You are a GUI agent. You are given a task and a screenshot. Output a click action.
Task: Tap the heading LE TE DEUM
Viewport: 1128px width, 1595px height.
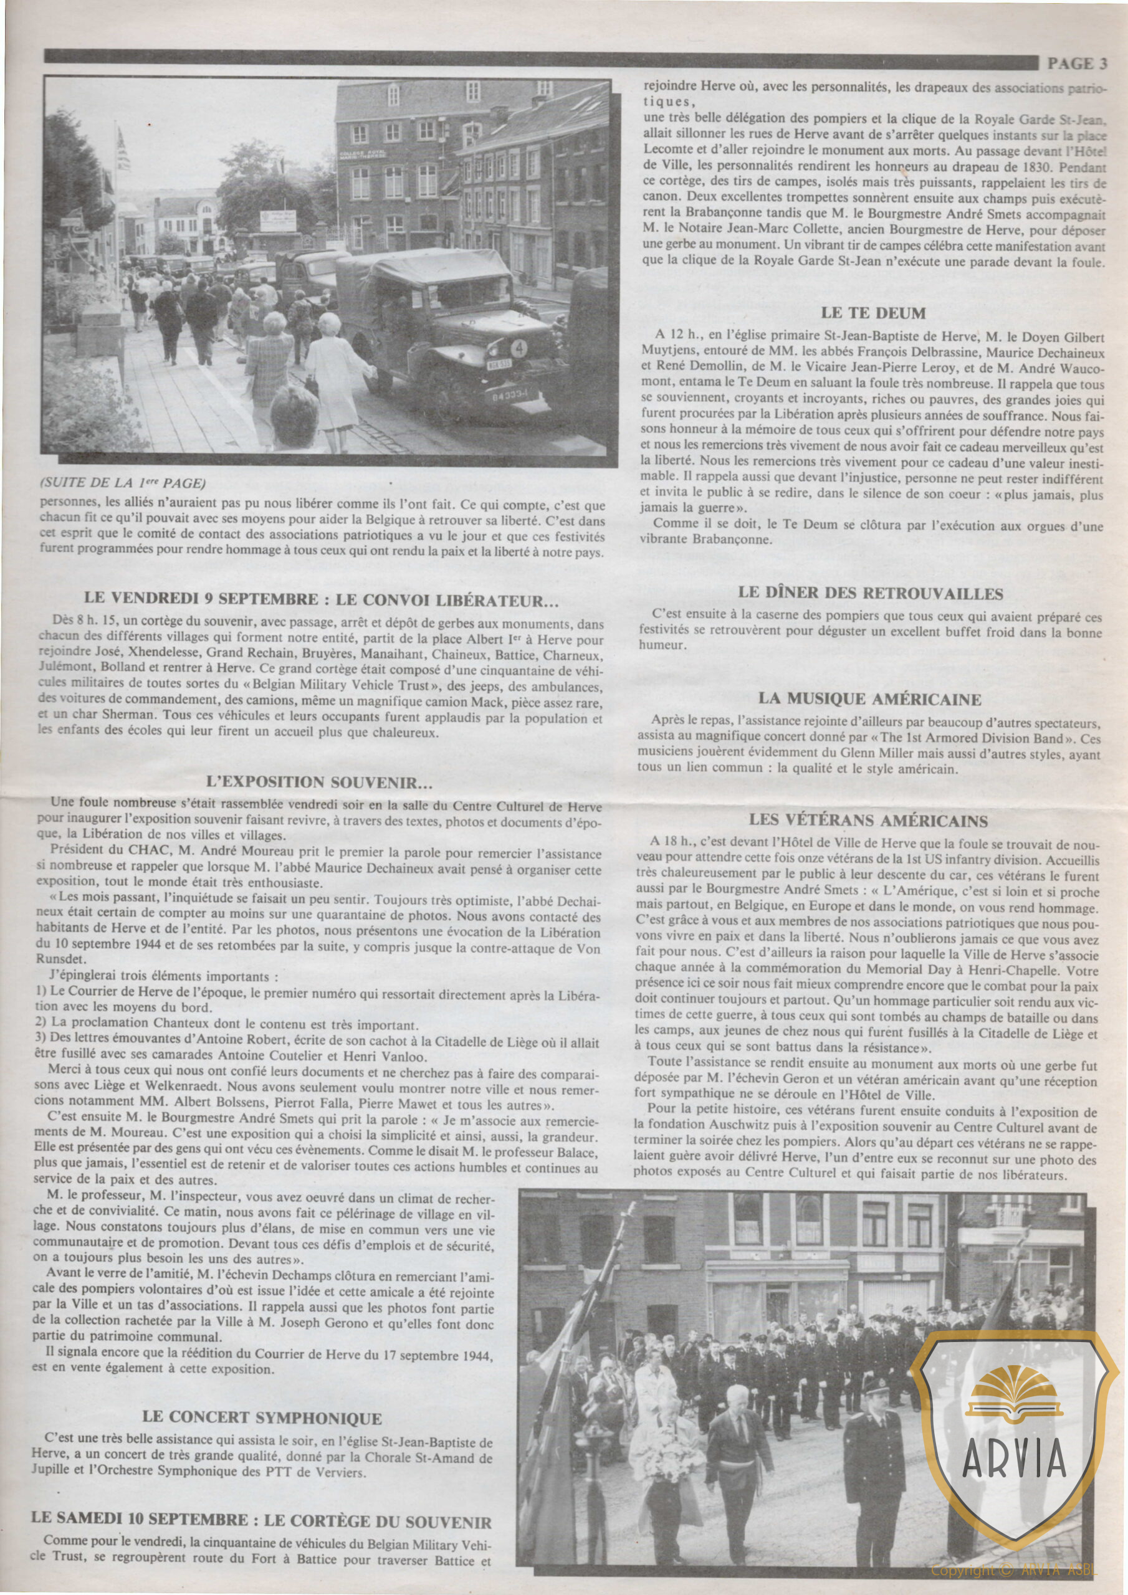pos(872,313)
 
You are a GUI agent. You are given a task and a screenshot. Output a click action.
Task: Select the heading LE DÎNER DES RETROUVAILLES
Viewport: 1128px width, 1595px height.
pos(871,593)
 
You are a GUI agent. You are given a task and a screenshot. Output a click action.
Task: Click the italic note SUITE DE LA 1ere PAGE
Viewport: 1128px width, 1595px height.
pos(124,482)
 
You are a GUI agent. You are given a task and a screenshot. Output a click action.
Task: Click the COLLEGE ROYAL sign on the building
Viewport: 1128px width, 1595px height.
pos(361,155)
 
